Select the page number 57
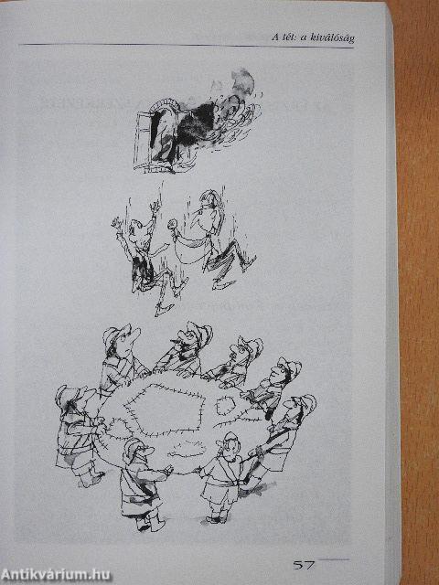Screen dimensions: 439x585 (304, 565)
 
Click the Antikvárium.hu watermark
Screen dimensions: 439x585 (56, 575)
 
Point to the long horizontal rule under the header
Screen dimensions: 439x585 (187, 46)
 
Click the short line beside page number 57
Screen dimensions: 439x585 (334, 559)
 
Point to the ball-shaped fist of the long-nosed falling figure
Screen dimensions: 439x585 (172, 224)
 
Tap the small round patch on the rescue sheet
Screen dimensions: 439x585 (225, 405)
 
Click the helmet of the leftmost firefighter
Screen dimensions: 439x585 (67, 396)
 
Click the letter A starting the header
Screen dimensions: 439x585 (275, 37)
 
